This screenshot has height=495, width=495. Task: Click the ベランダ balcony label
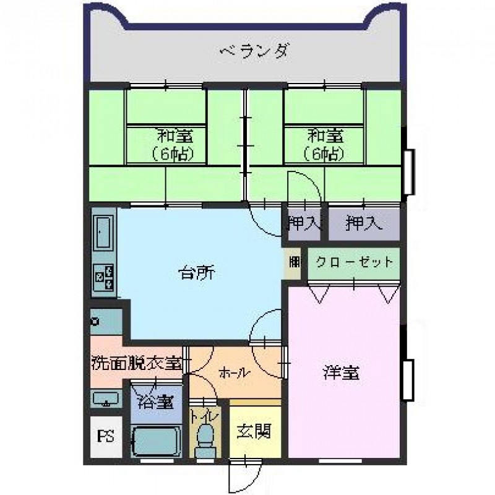(x=254, y=51)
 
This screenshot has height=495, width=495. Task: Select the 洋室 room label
(x=342, y=372)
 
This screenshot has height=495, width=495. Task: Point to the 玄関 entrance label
(x=254, y=431)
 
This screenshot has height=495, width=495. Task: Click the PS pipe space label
(x=105, y=436)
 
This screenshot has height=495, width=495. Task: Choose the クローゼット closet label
(x=354, y=262)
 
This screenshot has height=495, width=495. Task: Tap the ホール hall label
(x=234, y=373)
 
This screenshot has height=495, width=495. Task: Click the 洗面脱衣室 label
(x=137, y=363)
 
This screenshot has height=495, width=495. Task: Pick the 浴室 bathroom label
(x=157, y=402)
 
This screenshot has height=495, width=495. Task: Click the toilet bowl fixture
(x=205, y=441)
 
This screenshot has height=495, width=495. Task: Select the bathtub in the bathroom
(x=157, y=441)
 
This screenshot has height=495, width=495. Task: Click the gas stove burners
(x=103, y=277)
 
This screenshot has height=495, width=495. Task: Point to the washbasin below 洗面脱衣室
(x=106, y=399)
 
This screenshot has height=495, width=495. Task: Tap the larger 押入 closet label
(x=364, y=223)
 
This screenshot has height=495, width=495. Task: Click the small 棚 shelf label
(x=294, y=262)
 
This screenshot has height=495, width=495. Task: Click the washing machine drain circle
(x=95, y=322)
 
